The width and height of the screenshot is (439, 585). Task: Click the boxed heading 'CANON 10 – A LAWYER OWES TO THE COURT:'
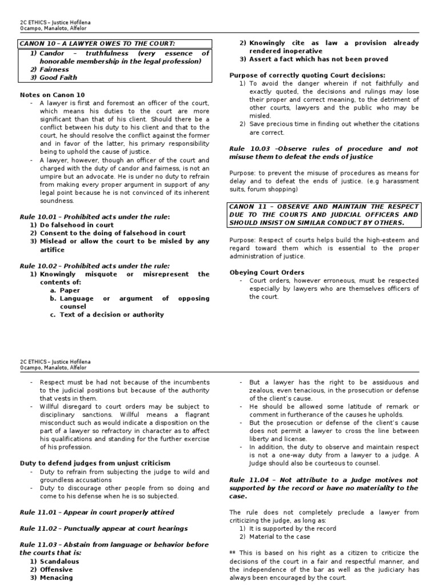click(97, 44)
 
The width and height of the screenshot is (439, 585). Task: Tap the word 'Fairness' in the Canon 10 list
click(54, 69)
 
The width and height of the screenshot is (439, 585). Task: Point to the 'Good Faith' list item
click(58, 78)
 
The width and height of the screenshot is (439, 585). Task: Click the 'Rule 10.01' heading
click(95, 217)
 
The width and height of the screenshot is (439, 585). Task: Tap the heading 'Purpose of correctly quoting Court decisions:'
click(307, 75)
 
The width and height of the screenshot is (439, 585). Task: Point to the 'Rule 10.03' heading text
click(324, 153)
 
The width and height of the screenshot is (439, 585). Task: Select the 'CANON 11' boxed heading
click(324, 214)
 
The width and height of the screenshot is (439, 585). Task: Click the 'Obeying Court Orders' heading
click(266, 272)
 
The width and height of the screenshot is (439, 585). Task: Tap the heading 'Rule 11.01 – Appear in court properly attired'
click(97, 512)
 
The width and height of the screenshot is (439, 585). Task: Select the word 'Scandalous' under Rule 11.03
click(59, 562)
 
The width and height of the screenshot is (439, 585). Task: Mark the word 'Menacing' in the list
click(56, 578)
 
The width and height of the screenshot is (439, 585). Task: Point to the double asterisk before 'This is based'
click(232, 553)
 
